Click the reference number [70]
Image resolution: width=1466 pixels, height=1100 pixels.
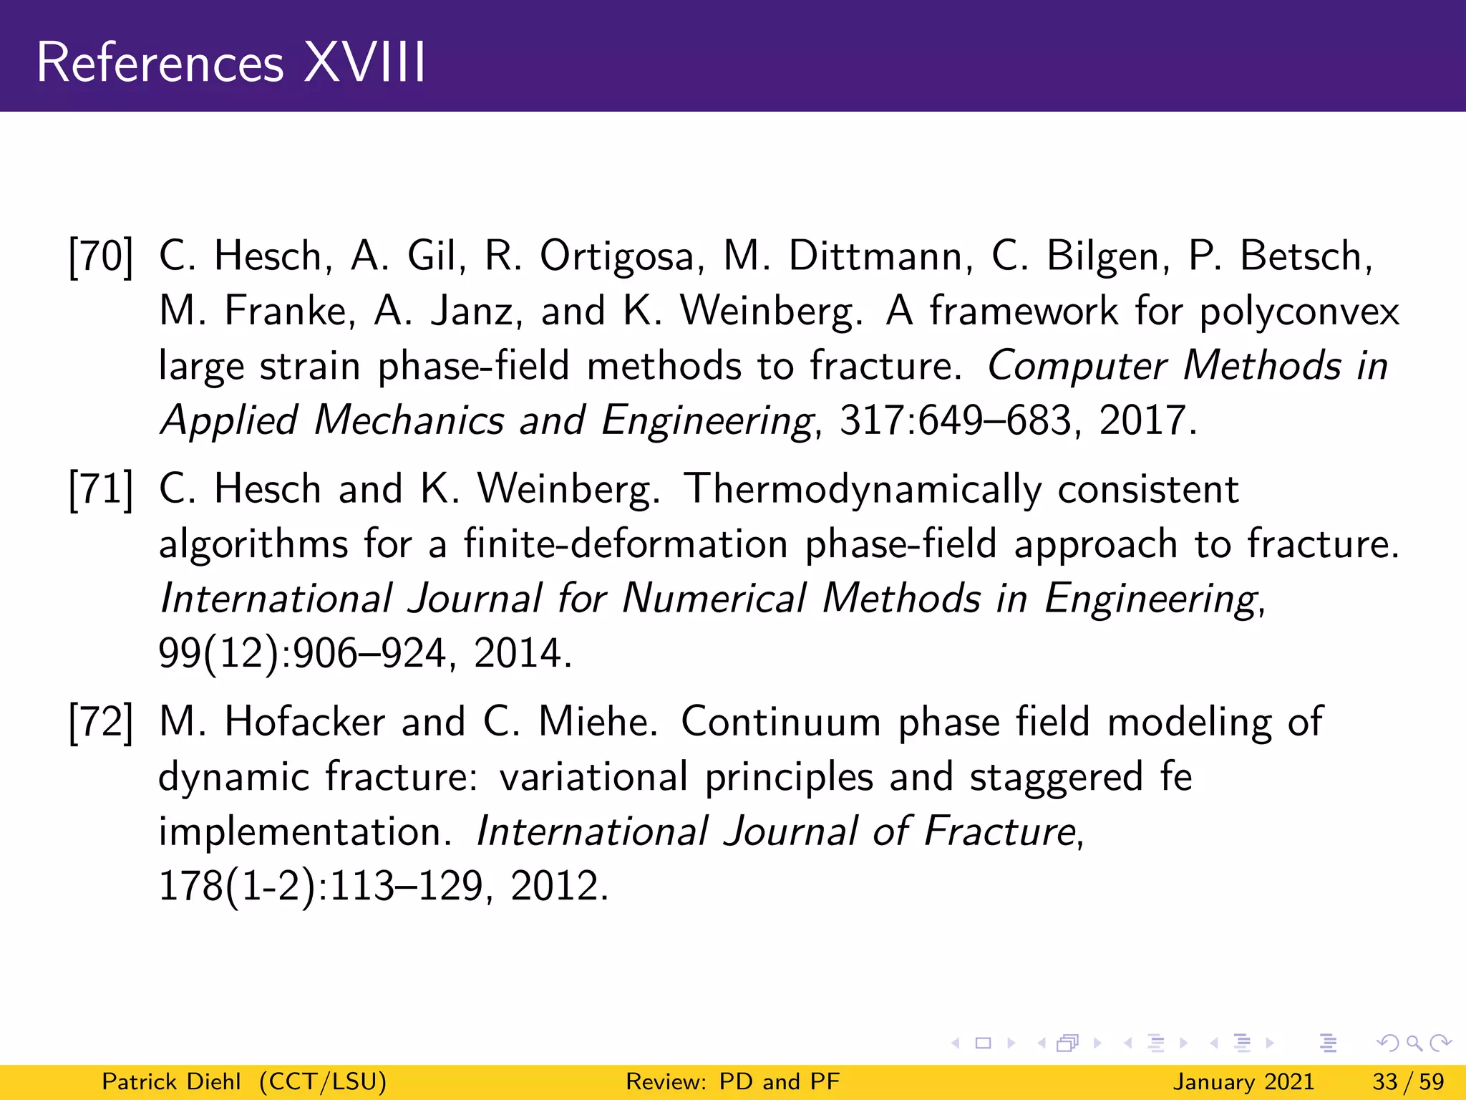click(x=101, y=256)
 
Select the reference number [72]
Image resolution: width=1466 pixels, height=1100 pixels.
click(x=101, y=722)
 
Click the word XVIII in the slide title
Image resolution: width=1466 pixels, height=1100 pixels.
click(x=365, y=63)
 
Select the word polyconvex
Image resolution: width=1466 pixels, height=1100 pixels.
click(x=1299, y=312)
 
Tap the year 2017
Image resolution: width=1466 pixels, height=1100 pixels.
click(x=1147, y=420)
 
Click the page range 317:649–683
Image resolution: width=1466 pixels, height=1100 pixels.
click(x=955, y=420)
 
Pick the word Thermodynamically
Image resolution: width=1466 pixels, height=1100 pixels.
click(x=862, y=491)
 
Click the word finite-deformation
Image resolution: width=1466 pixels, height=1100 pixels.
click(x=626, y=544)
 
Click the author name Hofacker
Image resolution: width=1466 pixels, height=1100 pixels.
click(x=304, y=722)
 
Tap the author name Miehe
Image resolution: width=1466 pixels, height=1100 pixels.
click(x=597, y=722)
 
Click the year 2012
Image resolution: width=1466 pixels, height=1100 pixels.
click(x=558, y=887)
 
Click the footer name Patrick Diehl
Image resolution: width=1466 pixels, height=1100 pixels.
click(x=171, y=1081)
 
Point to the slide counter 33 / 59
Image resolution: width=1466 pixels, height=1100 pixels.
click(x=1407, y=1081)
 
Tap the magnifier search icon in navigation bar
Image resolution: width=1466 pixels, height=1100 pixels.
click(x=1413, y=1043)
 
